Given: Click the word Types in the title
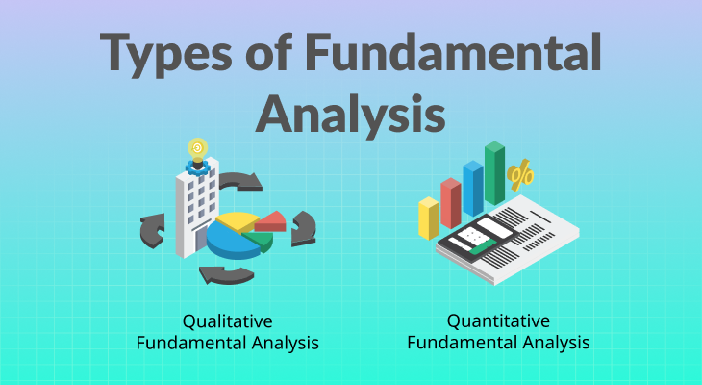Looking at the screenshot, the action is click(x=165, y=54).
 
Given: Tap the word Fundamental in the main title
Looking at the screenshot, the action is click(x=454, y=52).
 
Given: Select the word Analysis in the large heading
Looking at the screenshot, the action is click(x=350, y=114).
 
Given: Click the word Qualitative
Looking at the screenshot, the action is click(x=228, y=321).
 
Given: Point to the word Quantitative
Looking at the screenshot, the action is click(x=498, y=321).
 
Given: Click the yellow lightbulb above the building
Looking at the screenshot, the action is click(x=197, y=150).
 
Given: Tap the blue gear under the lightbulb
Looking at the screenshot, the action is click(x=197, y=168).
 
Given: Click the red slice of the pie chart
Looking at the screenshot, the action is click(x=271, y=221).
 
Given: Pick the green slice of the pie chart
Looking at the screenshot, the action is click(x=260, y=241).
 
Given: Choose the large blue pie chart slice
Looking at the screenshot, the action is click(x=232, y=242).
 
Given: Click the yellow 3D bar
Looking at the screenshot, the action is click(x=429, y=218).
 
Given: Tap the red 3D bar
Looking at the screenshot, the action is click(x=451, y=203).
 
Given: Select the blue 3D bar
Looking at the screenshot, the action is click(x=473, y=189).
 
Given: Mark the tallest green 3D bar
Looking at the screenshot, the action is click(x=494, y=173).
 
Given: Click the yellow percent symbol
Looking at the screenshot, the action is click(x=520, y=175).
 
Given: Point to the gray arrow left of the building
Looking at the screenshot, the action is click(x=152, y=230).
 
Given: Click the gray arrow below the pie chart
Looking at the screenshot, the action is click(x=226, y=275).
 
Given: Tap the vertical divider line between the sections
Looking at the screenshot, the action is click(x=364, y=261).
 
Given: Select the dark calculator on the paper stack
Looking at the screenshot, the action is click(x=478, y=239).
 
